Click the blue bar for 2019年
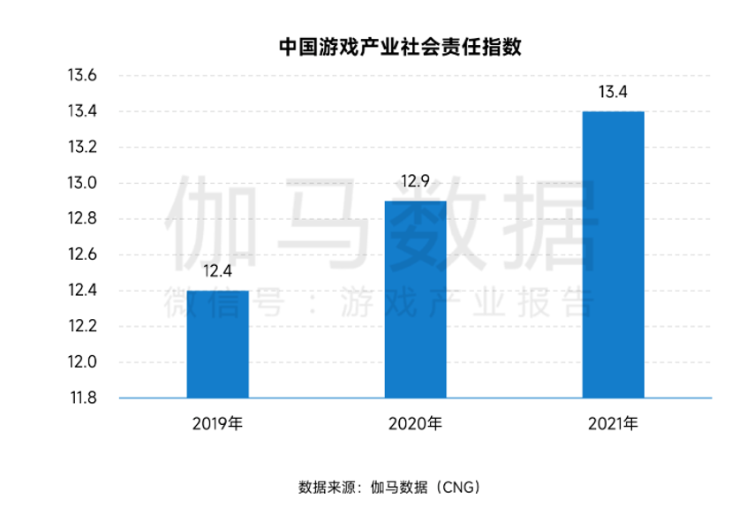[218, 344]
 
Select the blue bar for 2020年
[416, 299]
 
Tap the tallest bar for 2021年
[613, 254]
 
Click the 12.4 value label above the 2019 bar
[217, 271]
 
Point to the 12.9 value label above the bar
[416, 181]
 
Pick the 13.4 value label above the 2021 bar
[613, 92]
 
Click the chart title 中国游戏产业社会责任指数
[400, 47]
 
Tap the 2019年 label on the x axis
[217, 424]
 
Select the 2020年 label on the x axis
[416, 424]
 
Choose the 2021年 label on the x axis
[613, 424]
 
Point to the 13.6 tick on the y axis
[82, 75]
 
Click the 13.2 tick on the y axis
[82, 148]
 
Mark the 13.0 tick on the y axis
[82, 183]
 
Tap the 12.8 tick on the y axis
[82, 218]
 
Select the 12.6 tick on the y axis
[82, 254]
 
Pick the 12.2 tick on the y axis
[82, 326]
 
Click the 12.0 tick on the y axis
[82, 361]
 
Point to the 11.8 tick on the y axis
[83, 398]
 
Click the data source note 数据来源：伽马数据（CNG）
[389, 488]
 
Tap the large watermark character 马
[326, 224]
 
